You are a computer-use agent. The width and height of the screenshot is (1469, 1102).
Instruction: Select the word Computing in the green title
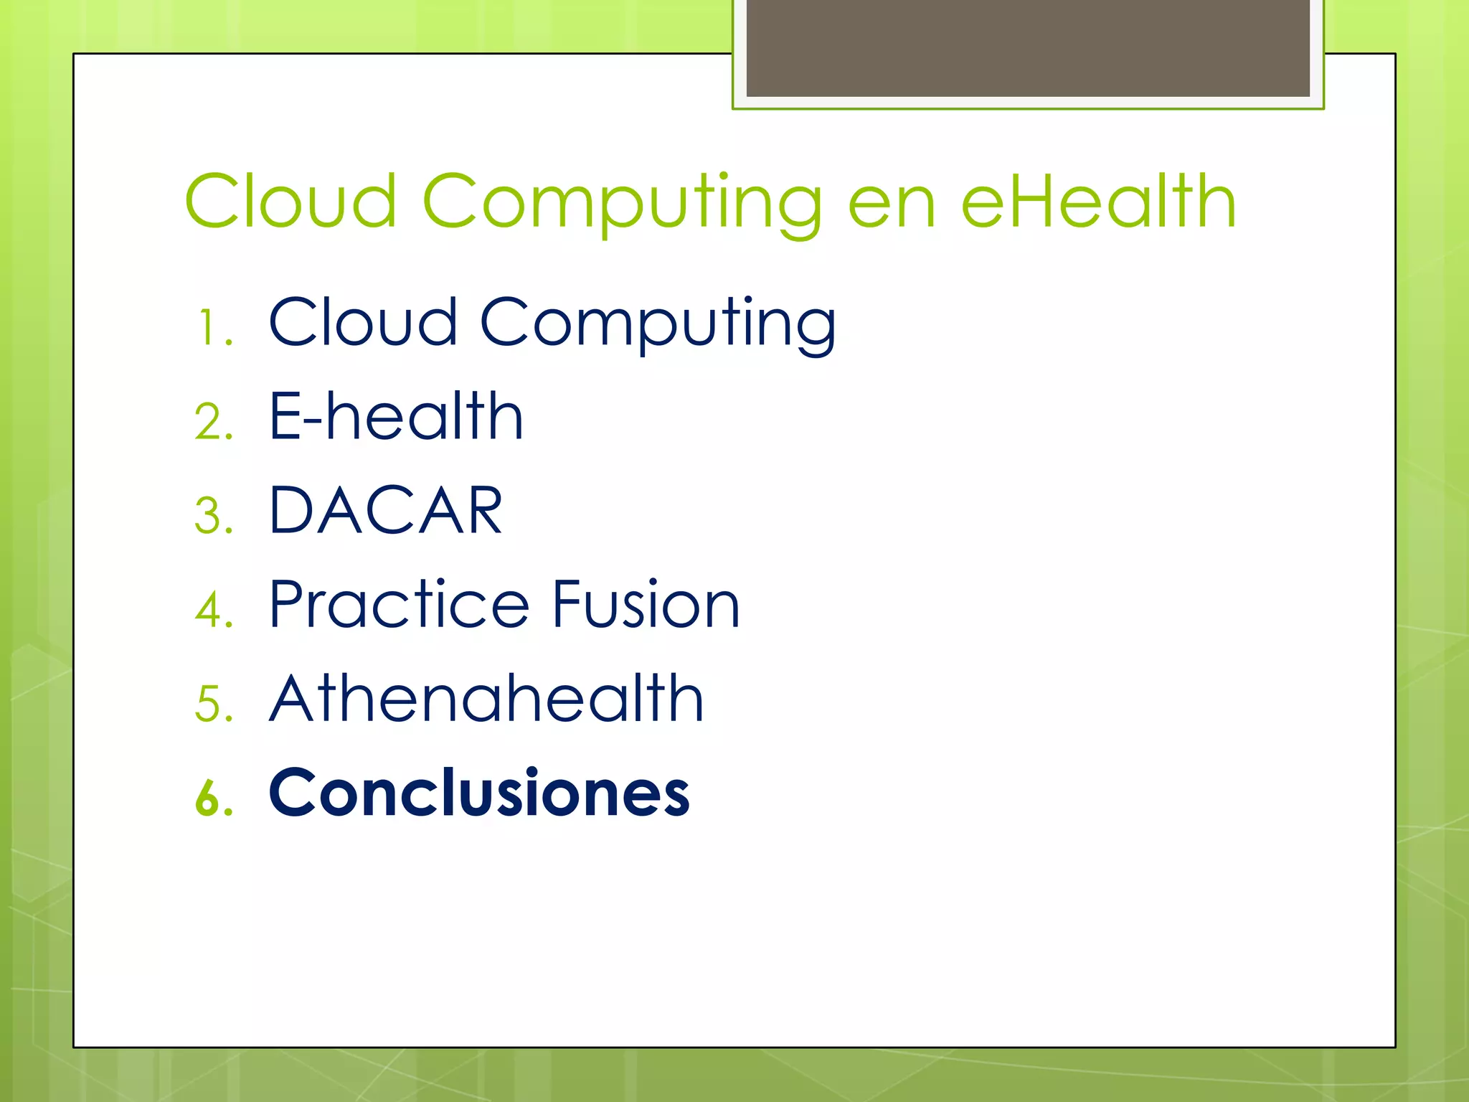click(x=622, y=204)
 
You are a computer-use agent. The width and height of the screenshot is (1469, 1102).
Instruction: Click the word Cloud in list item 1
click(x=363, y=322)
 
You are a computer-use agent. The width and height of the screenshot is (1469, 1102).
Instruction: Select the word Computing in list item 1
click(x=658, y=325)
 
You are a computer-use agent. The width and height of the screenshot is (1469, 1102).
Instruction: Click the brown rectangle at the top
click(x=1028, y=49)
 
